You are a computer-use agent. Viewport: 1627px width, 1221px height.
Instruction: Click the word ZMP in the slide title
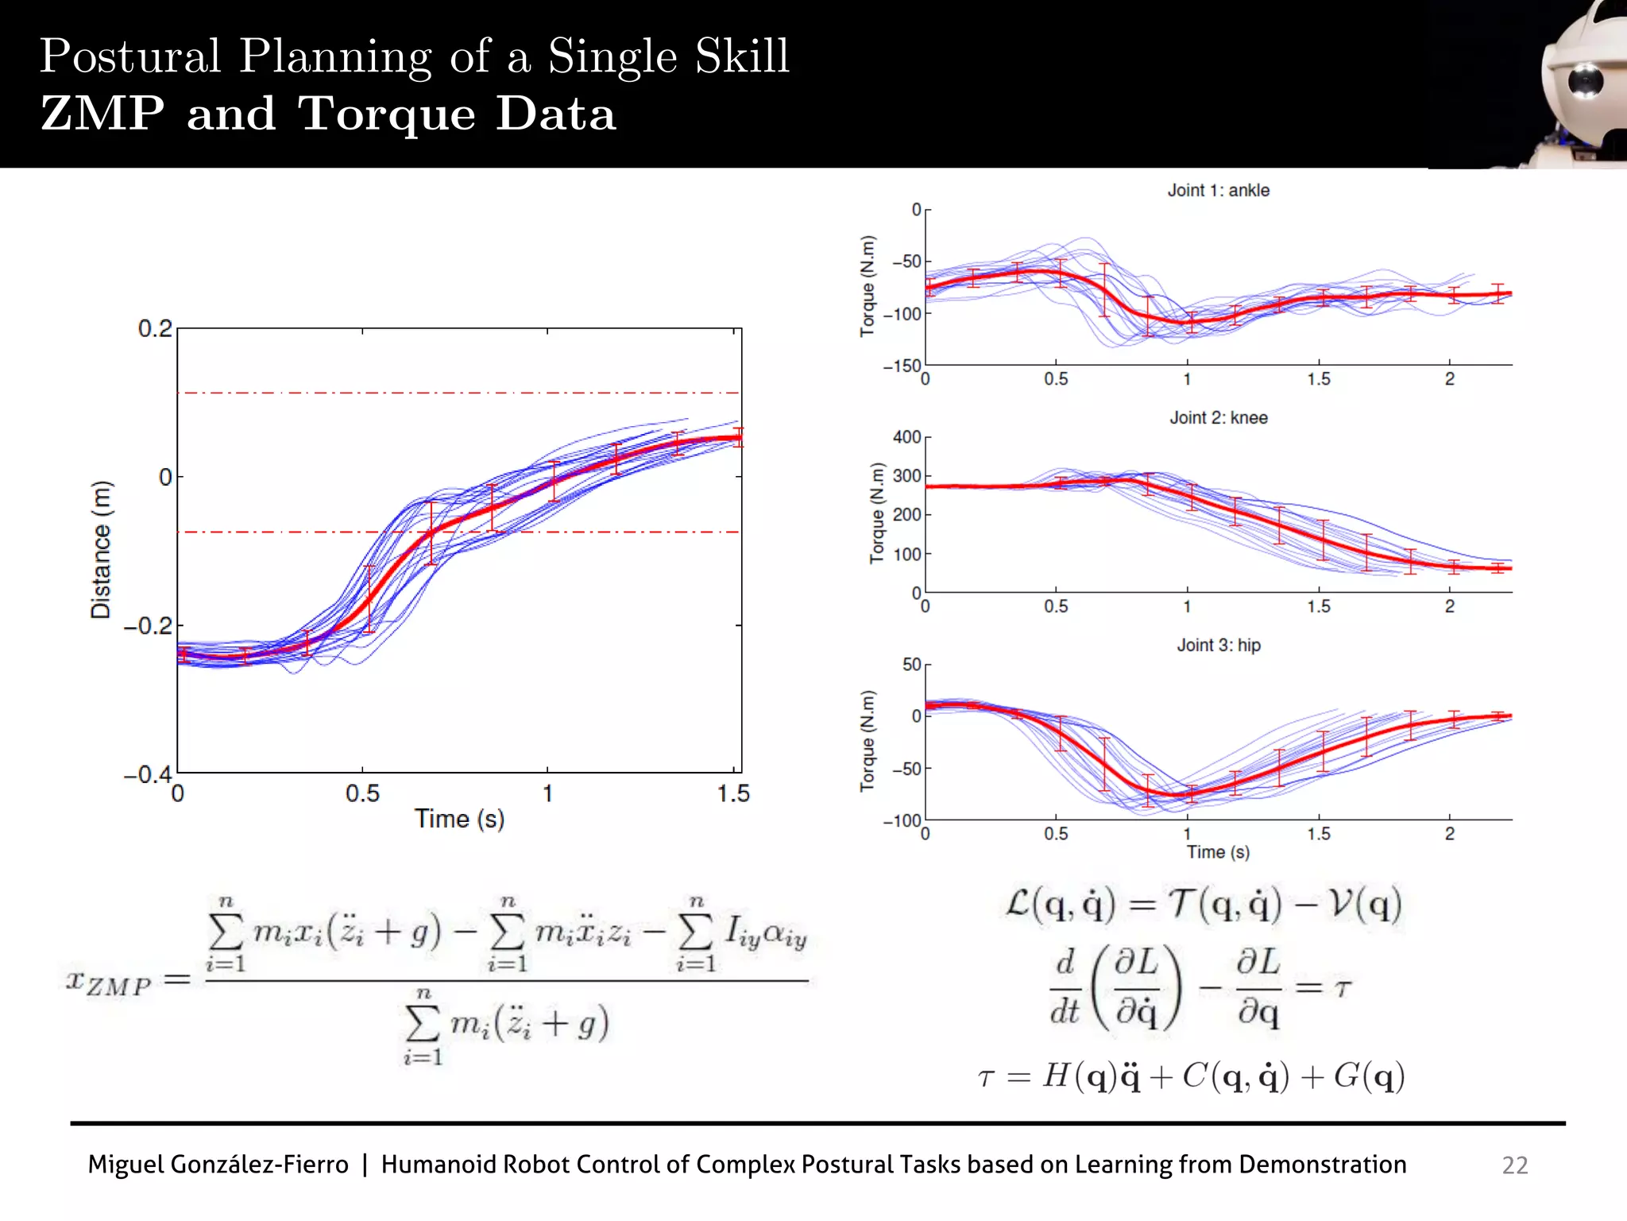102,114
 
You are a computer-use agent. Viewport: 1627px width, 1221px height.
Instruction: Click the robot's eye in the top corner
1585,81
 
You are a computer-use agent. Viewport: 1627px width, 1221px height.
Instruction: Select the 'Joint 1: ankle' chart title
1218,191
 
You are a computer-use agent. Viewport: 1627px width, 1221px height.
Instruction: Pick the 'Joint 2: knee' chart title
1218,418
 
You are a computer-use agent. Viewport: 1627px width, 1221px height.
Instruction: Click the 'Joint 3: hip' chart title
1218,645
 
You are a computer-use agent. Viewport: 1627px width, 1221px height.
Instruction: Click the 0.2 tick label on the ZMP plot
154,328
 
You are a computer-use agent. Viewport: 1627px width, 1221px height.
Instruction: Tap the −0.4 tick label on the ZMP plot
148,774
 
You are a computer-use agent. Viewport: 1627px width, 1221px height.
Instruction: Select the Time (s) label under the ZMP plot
459,819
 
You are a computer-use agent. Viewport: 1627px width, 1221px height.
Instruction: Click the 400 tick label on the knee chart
906,437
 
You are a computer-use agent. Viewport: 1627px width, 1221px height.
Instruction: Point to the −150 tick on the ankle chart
902,366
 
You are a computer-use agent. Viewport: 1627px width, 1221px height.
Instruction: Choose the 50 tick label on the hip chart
911,665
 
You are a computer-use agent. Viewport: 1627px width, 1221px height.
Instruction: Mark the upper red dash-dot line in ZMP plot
459,393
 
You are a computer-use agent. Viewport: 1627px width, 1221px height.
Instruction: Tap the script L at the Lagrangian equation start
1018,904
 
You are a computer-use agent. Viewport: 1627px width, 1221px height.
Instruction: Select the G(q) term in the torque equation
1368,1077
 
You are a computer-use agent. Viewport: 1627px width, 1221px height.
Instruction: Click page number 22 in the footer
1514,1165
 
